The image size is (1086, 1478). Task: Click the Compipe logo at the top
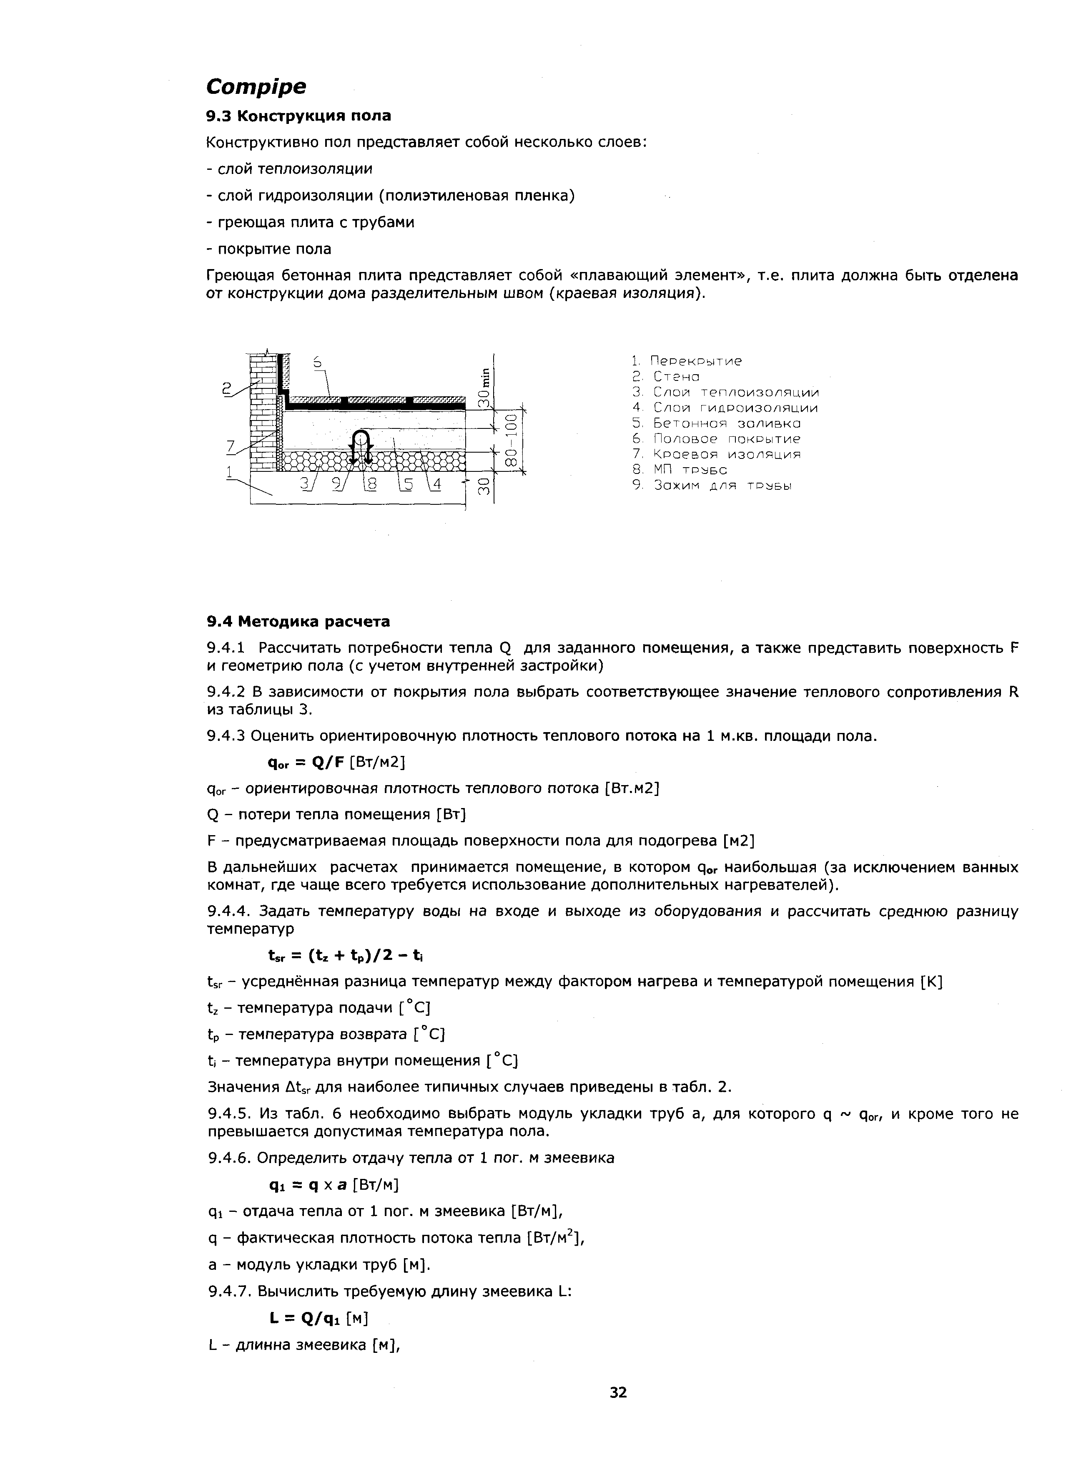256,86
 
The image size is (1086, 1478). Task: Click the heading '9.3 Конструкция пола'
298,116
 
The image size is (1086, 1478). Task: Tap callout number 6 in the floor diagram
318,362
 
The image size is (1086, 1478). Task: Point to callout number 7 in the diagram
231,447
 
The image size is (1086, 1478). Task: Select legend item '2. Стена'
665,376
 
